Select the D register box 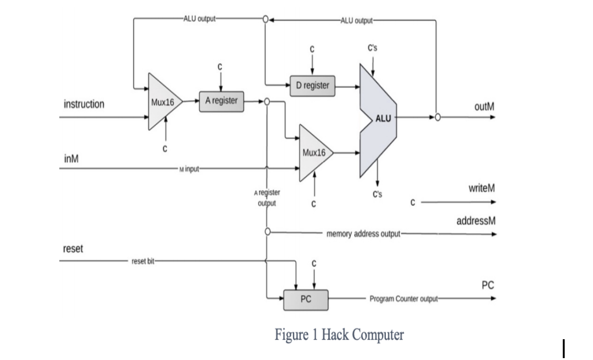312,86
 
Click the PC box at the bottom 305,300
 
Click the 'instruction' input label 84,104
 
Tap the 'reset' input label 73,249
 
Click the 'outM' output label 484,106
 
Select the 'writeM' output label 482,189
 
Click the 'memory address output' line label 363,233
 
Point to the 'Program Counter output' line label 404,299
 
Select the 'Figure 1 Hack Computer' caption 339,335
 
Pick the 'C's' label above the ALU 373,49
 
